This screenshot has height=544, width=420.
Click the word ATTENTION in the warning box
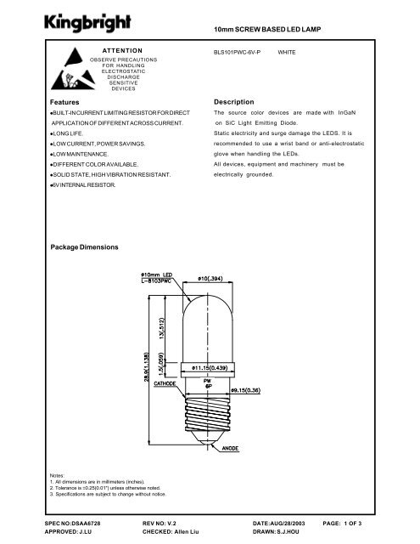[127, 51]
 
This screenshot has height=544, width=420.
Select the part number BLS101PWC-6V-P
[238, 52]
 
